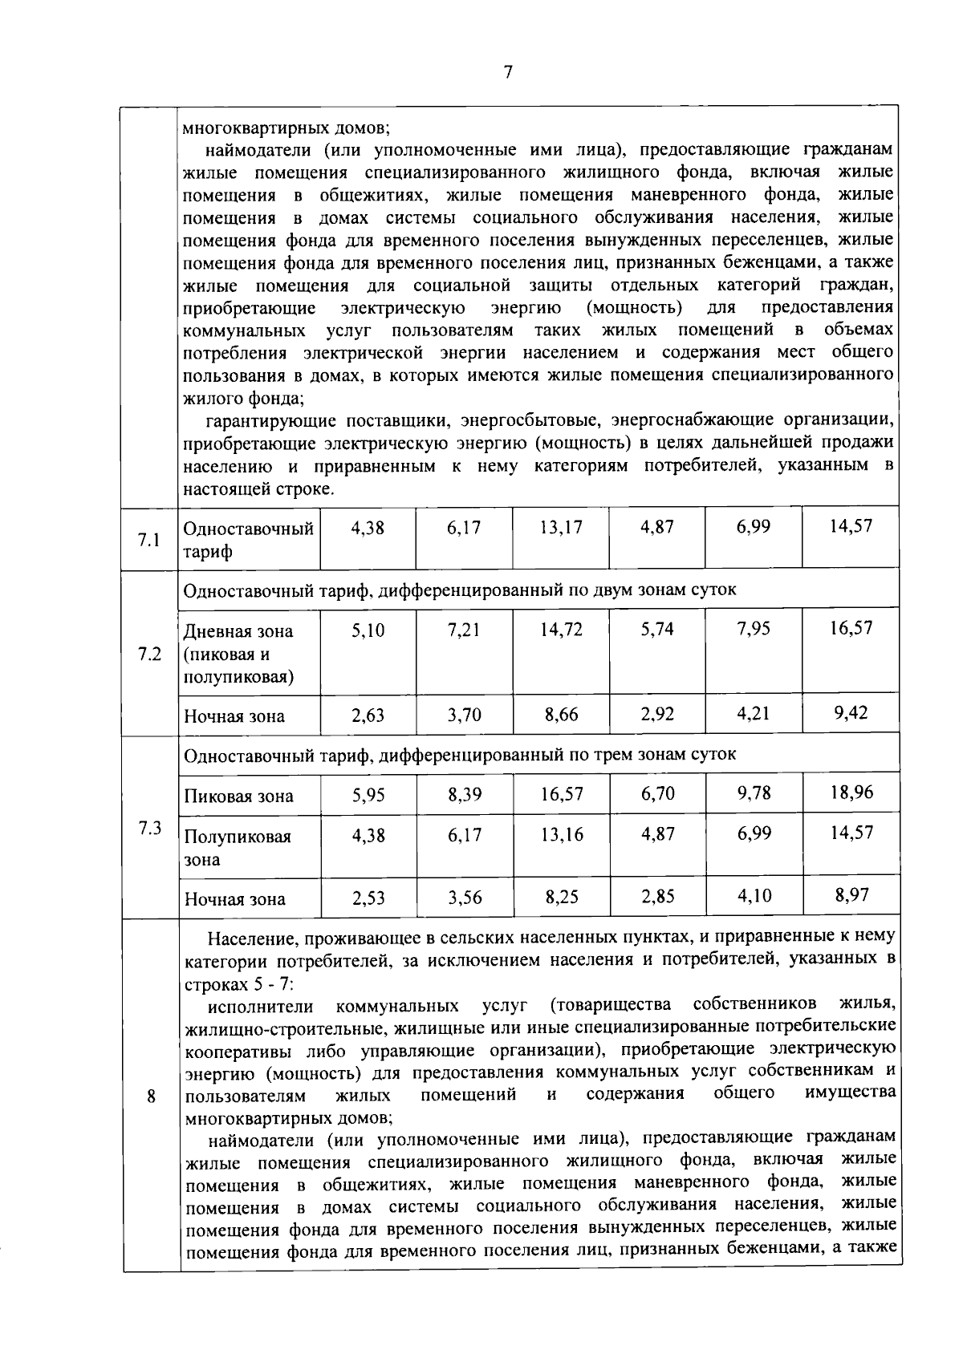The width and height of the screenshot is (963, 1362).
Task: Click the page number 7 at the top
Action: pyautogui.click(x=507, y=72)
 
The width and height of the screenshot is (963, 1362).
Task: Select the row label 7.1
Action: pyautogui.click(x=149, y=540)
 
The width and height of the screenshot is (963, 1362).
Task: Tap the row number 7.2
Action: pyautogui.click(x=149, y=655)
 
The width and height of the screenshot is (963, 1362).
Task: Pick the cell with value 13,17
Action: pyautogui.click(x=561, y=528)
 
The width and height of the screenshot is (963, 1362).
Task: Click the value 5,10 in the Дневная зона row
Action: pyautogui.click(x=368, y=630)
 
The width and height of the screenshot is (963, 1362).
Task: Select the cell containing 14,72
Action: pyautogui.click(x=561, y=630)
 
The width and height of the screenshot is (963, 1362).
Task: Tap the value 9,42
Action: pyautogui.click(x=851, y=712)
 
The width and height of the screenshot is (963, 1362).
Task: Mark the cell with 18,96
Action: pyautogui.click(x=851, y=792)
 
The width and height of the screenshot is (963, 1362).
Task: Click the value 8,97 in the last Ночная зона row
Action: pyautogui.click(x=851, y=895)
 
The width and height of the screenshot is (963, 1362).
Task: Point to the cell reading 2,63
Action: pyautogui.click(x=368, y=715)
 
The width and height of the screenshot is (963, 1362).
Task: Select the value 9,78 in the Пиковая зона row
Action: pyautogui.click(x=754, y=792)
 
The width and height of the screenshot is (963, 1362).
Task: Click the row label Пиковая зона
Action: pyautogui.click(x=239, y=797)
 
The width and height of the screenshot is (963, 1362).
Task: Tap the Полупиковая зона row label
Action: pyautogui.click(x=238, y=847)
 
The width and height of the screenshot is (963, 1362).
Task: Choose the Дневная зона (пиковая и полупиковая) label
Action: pyautogui.click(x=238, y=654)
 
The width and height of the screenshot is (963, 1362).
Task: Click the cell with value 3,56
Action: pyautogui.click(x=465, y=898)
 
